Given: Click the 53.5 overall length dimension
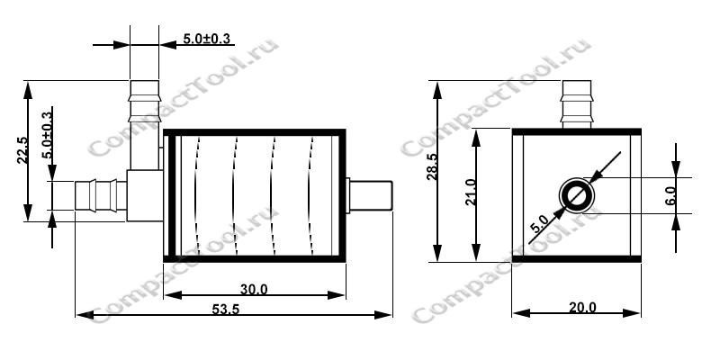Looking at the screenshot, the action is pos(226,309).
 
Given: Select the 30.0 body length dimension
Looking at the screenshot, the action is pos(254,289).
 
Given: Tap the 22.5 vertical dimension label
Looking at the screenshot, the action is pos(22,150).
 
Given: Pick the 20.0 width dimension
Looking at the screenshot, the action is pos(582,307).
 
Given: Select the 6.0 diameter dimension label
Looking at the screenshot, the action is pos(670,195).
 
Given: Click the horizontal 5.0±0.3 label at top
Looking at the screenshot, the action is pos(207,39).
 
